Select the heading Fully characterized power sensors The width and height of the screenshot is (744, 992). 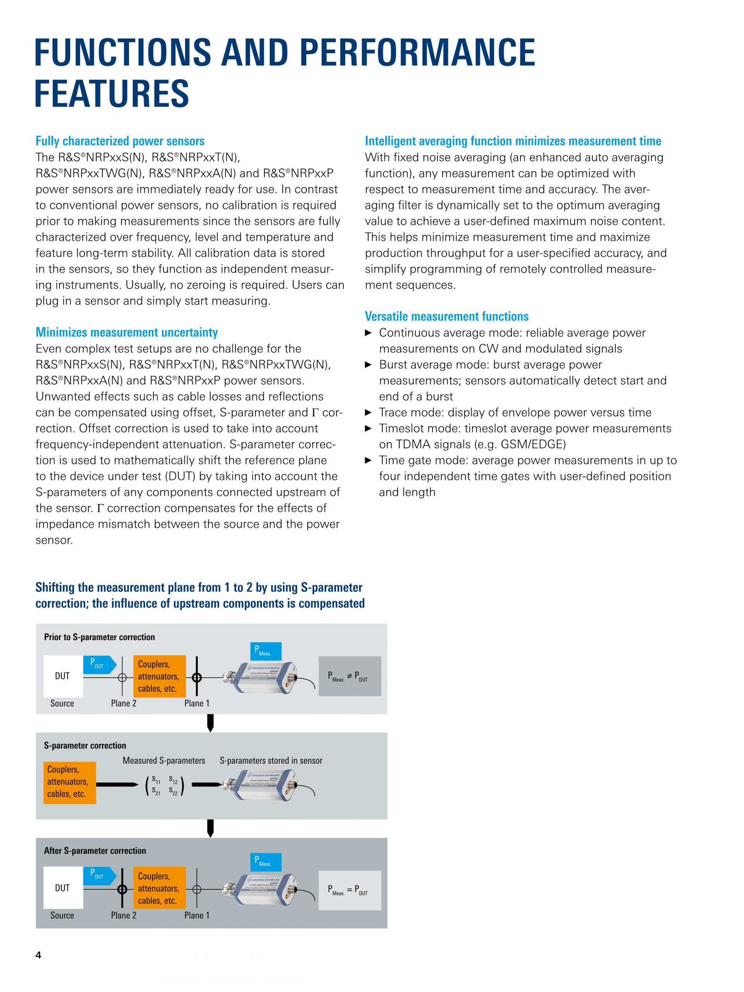point(120,141)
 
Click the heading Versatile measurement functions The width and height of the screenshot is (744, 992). point(446,316)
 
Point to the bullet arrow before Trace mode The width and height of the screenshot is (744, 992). point(368,413)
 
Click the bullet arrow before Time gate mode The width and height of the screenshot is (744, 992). point(368,460)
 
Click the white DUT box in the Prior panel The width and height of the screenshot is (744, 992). point(63,676)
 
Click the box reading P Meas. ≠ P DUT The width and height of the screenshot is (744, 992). point(350,676)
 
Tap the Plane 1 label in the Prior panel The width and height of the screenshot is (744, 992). point(197,703)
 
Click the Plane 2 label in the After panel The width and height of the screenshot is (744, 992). point(123,915)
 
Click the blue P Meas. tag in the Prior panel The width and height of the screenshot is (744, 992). point(265,651)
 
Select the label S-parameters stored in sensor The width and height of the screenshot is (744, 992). point(271,761)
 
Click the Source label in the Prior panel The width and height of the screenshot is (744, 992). point(62,703)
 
